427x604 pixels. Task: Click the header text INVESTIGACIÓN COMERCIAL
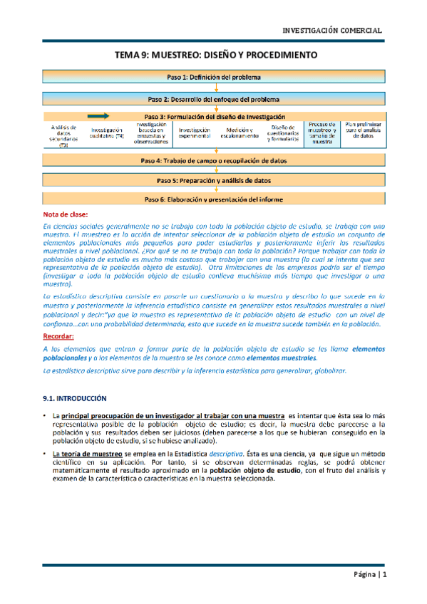[x=333, y=31]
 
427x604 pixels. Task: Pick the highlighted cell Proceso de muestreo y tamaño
[x=323, y=132]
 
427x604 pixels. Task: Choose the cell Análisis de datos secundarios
[x=63, y=135]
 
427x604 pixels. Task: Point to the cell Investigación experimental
[x=194, y=132]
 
